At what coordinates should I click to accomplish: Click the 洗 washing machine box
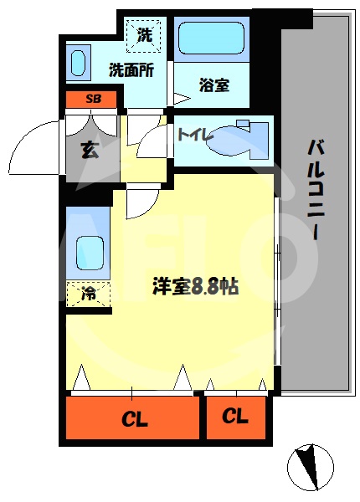pos(145,35)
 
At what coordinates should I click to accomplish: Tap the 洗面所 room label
pos(131,70)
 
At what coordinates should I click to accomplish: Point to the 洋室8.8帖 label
pos(195,285)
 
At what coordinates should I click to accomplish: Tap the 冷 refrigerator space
pos(88,295)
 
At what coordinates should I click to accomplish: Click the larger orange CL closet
pos(132,417)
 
